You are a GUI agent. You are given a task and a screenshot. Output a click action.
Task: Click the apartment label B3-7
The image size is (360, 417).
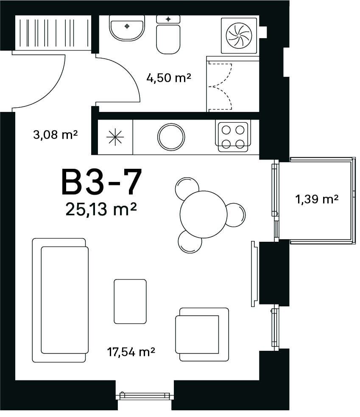(102, 182)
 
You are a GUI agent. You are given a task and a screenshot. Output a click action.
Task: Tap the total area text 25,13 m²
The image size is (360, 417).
(101, 209)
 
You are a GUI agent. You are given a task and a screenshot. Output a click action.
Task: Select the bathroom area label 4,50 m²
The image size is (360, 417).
(169, 78)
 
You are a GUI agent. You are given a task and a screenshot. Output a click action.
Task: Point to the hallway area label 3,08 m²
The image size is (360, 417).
(55, 134)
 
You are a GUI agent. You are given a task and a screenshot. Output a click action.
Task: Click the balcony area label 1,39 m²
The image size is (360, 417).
(317, 199)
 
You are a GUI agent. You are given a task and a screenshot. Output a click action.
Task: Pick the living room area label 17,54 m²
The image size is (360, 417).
(131, 352)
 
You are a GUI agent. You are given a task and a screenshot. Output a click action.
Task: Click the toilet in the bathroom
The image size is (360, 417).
(168, 34)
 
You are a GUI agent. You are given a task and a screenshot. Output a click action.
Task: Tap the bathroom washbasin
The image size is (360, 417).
(127, 28)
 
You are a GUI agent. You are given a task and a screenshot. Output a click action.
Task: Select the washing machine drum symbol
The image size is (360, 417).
(239, 35)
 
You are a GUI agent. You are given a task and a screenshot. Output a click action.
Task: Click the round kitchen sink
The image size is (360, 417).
(171, 137)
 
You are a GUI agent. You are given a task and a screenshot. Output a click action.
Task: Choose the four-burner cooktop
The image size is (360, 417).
(233, 137)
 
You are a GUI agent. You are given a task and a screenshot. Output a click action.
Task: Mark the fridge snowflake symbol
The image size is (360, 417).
(115, 137)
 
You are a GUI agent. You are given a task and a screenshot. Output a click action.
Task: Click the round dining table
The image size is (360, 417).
(204, 214)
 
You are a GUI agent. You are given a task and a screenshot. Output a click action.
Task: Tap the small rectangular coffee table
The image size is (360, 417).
(130, 301)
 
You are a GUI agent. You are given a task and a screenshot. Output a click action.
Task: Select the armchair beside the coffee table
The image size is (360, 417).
(202, 334)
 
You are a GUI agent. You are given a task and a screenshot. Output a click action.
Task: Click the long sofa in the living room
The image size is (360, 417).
(60, 300)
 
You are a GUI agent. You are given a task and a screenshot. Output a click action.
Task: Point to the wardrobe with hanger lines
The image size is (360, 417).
(53, 32)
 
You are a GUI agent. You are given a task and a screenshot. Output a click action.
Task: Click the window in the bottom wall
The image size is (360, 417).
(145, 396)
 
